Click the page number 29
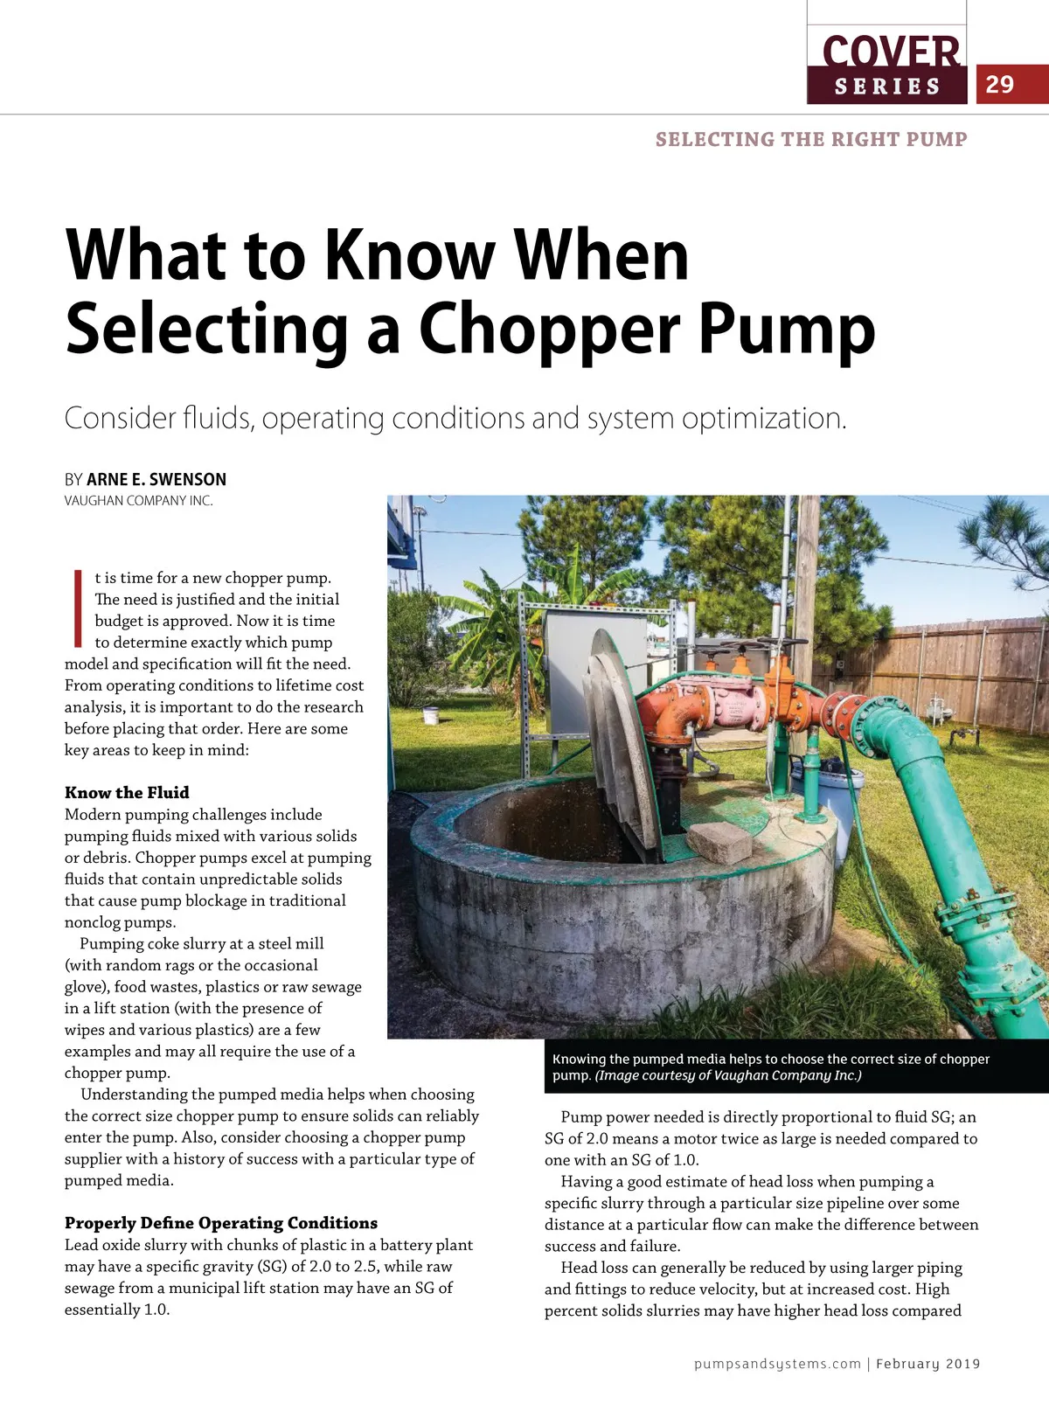coord(999,85)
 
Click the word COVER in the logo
coord(890,52)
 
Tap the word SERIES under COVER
coord(886,87)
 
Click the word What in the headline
coord(144,254)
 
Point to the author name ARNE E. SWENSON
coord(156,479)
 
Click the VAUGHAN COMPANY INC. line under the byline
coord(138,501)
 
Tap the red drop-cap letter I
coord(77,608)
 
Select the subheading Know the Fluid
coord(127,793)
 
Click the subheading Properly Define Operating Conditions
coord(220,1223)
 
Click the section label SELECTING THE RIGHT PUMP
coord(811,140)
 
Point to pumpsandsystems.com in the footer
coord(777,1364)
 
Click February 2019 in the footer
coord(927,1364)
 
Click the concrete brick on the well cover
coord(719,842)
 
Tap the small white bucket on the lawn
coord(430,714)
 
